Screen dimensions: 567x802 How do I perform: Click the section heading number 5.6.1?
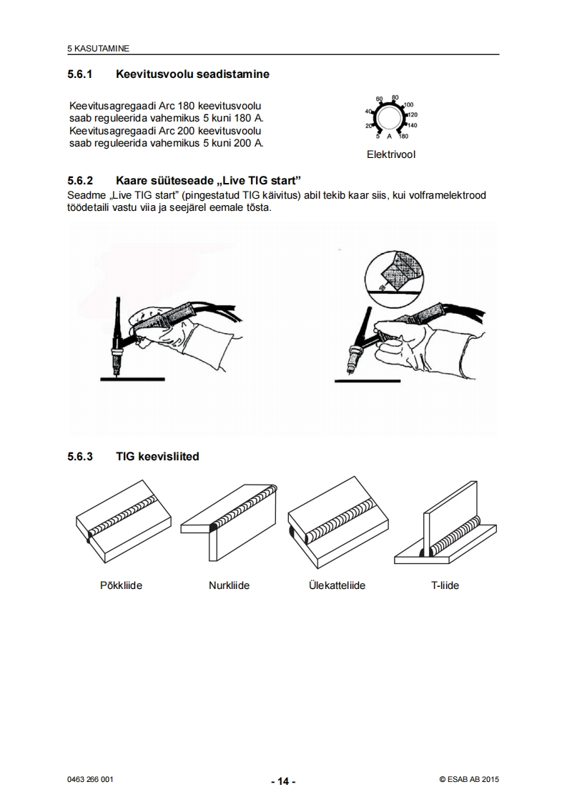(80, 74)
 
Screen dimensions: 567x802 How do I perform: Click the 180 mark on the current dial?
(403, 136)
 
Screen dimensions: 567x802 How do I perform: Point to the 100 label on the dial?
(408, 105)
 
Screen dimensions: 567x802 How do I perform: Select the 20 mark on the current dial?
(368, 126)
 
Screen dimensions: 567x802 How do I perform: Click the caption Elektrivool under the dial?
(391, 154)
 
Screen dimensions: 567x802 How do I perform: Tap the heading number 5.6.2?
(80, 181)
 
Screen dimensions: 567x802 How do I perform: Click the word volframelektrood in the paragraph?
(448, 195)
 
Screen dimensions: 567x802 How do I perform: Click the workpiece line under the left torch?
(132, 379)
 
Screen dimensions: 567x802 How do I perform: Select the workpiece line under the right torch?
(368, 381)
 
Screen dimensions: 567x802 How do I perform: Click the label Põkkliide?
(122, 585)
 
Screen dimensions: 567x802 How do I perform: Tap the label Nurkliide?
(230, 585)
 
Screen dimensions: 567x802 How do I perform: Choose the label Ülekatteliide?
(337, 585)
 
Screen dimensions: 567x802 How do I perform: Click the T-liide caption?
(445, 585)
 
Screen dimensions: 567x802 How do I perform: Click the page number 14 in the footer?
(283, 781)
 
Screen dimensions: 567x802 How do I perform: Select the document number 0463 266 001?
(90, 780)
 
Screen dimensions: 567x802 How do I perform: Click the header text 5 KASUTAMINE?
(98, 49)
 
